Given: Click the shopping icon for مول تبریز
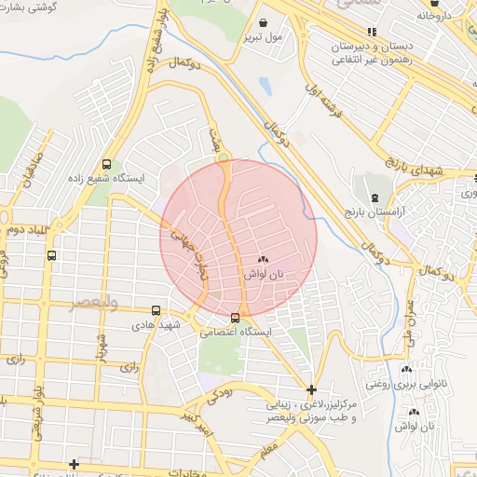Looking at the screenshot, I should (x=264, y=21).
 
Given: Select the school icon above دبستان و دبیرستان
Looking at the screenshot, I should (x=373, y=31).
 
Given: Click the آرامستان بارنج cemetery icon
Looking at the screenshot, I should (x=375, y=198).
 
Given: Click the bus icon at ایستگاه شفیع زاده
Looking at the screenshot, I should (x=107, y=160).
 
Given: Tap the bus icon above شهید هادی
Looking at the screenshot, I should (x=155, y=310).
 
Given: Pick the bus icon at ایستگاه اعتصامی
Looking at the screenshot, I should (x=234, y=317).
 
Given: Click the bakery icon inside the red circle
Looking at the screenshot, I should (x=262, y=261).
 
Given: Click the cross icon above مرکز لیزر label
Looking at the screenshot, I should (x=311, y=388).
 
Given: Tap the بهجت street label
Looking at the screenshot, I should (x=216, y=145).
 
